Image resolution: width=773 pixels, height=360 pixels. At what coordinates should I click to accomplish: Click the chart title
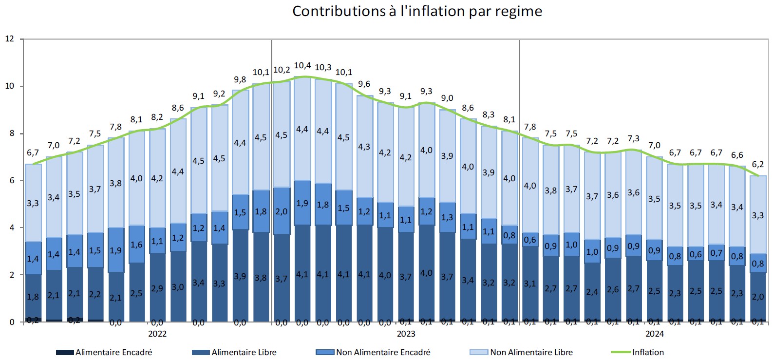(417, 11)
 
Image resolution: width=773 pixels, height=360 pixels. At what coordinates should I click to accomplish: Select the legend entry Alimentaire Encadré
(113, 352)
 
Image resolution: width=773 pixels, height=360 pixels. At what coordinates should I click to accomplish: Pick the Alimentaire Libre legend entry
(244, 352)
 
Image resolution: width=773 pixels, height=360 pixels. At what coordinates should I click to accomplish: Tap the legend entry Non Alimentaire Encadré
(383, 352)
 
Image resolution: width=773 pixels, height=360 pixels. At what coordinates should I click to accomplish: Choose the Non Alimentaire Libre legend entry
(531, 352)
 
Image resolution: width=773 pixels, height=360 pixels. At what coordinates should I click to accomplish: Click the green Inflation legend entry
(648, 352)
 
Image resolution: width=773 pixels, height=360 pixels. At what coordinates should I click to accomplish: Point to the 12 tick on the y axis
(9, 39)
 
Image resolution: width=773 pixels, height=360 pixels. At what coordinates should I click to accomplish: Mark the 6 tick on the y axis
(11, 181)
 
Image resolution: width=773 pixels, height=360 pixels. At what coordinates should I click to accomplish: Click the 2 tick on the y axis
(11, 275)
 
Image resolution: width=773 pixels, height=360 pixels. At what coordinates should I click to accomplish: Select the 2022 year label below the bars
(157, 334)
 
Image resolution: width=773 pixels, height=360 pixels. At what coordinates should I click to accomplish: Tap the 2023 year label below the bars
(406, 334)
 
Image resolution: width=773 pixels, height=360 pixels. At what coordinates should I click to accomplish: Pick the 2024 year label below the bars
(655, 334)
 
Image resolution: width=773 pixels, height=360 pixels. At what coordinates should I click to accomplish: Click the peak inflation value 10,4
(302, 65)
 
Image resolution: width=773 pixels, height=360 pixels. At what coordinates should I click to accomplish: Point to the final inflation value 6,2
(758, 165)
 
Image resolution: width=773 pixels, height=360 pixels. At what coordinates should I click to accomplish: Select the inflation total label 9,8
(240, 80)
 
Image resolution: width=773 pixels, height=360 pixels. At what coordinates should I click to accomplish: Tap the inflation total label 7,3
(633, 139)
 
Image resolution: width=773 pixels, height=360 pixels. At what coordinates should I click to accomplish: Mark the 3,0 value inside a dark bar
(178, 287)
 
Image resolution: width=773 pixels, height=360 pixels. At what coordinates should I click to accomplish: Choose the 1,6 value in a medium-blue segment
(136, 245)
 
